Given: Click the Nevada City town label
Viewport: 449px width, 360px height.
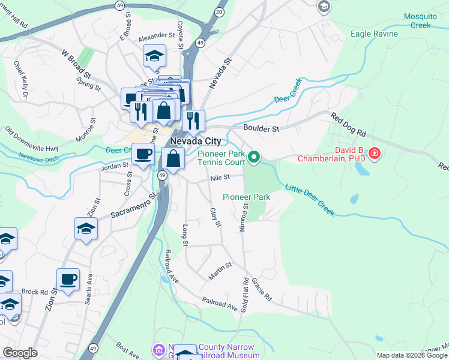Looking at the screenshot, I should click(x=195, y=141).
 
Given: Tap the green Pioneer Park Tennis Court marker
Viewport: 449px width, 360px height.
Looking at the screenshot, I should click(x=254, y=157).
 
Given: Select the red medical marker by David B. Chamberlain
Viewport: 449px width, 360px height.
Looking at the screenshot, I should click(x=375, y=154).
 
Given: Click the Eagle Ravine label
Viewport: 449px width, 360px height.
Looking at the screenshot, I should click(x=374, y=34).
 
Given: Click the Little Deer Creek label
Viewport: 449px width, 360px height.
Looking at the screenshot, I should click(x=310, y=200).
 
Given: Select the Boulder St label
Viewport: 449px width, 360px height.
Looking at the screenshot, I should click(x=261, y=128).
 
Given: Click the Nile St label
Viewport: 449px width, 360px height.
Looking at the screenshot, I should click(x=220, y=178).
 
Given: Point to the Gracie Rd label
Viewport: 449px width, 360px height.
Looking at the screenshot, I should click(x=262, y=289).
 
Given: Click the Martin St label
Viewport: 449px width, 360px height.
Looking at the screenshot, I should click(x=220, y=270).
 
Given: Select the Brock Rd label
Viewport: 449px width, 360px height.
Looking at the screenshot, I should click(x=34, y=292).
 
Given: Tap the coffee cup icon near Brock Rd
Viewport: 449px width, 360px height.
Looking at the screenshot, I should click(x=68, y=279).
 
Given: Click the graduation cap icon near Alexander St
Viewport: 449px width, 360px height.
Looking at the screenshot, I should click(x=154, y=56).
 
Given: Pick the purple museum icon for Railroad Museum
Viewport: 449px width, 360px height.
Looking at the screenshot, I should click(x=159, y=349).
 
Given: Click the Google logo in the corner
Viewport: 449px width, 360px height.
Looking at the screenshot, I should click(x=19, y=353).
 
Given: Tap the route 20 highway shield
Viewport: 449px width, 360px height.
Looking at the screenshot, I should click(x=219, y=11).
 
